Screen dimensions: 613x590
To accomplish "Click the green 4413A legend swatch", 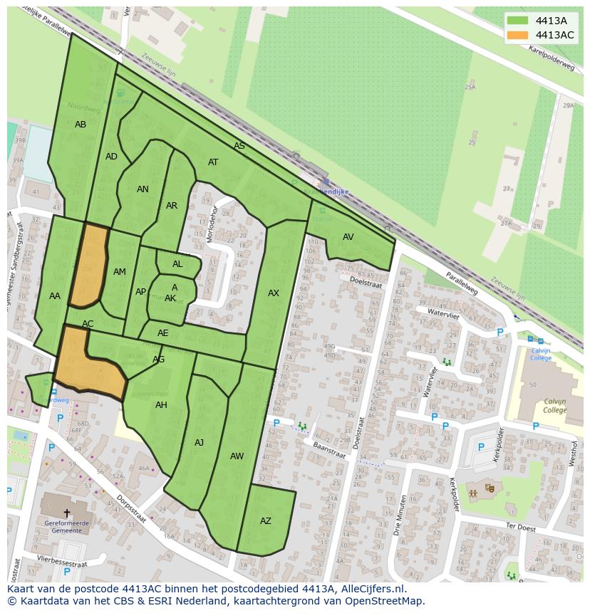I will [x=518, y=21].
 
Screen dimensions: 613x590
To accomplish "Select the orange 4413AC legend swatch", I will [x=518, y=35].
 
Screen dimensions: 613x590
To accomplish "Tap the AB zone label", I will [x=81, y=125].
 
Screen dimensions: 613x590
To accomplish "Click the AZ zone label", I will [x=266, y=521].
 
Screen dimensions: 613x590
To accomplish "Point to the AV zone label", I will [x=348, y=237].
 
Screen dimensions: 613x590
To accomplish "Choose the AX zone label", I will [x=274, y=293].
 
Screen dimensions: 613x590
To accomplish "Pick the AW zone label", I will [x=237, y=456].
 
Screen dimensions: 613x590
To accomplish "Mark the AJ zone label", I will [x=200, y=443].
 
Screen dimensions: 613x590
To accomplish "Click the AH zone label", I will [x=161, y=405].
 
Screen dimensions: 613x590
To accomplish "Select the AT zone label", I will [x=213, y=162].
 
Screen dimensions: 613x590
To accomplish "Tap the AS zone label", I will [x=239, y=146].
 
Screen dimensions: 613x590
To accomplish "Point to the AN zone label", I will [x=143, y=189].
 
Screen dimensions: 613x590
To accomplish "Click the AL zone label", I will [x=177, y=264].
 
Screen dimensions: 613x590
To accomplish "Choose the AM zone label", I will [x=120, y=272].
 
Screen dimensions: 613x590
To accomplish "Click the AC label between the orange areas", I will [x=88, y=324].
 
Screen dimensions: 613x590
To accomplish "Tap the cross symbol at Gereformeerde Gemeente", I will [x=67, y=513].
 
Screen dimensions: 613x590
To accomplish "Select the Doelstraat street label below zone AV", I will [x=366, y=281].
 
